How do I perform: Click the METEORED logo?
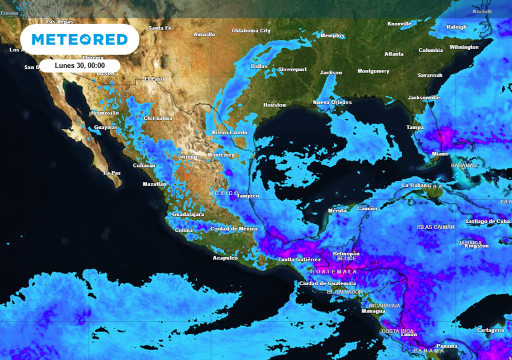[79, 39]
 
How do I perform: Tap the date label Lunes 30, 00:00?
[79, 65]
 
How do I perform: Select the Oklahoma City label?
[251, 31]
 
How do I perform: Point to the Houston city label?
[274, 105]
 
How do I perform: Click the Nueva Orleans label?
[332, 102]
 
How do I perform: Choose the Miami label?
[439, 154]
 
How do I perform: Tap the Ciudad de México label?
[233, 229]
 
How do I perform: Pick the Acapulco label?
[225, 258]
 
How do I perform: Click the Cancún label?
[367, 208]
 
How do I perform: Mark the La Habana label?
[416, 185]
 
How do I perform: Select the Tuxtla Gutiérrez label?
[299, 259]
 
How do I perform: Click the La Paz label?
[112, 172]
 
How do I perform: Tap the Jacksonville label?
[423, 97]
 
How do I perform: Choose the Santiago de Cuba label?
[487, 221]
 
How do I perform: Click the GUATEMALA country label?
[333, 271]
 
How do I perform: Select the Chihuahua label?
[157, 118]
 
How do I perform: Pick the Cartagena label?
[490, 330]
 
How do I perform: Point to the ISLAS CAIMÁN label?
[435, 227]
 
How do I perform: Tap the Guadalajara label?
[187, 214]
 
